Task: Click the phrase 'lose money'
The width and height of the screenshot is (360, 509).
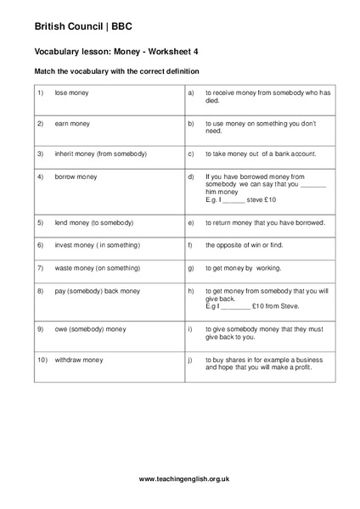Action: (71, 92)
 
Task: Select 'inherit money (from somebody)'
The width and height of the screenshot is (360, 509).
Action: (100, 154)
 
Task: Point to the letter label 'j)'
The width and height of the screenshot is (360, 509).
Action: (191, 359)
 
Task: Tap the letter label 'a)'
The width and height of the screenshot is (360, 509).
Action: (192, 92)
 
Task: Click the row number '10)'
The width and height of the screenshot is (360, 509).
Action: (42, 359)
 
